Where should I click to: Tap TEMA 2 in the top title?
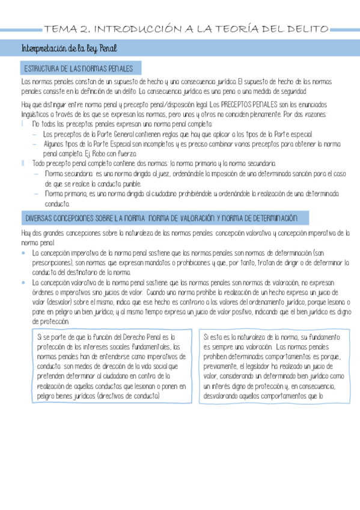coord(66,28)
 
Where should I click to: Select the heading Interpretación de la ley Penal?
coord(69,48)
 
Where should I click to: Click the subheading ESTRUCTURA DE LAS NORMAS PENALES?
coord(78,69)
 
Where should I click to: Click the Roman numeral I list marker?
coord(22,123)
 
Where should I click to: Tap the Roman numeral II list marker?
coord(23,163)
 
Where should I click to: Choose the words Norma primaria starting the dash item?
coord(66,194)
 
